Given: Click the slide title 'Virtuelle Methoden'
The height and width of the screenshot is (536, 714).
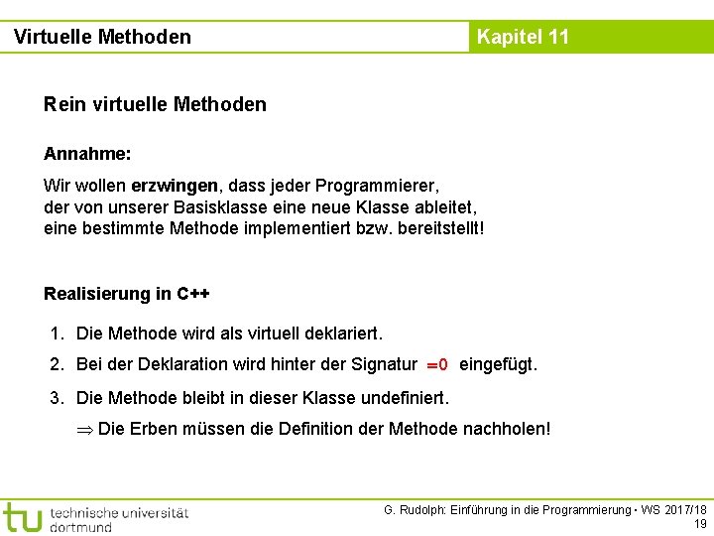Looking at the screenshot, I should (102, 37).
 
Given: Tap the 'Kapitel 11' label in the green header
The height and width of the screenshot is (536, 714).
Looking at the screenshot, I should (523, 37).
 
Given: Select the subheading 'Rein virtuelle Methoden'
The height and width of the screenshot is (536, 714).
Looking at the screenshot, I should (155, 104).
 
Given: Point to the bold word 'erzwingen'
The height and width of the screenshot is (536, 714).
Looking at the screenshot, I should (175, 186).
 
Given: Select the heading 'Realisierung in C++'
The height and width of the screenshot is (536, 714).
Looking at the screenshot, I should (127, 294).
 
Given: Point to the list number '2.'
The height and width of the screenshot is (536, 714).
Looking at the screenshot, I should (58, 364).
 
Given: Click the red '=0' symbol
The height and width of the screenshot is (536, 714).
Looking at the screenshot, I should (437, 365).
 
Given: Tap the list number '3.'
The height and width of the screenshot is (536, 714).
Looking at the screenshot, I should (58, 398).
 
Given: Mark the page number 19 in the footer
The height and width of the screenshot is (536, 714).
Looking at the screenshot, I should (700, 524).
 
